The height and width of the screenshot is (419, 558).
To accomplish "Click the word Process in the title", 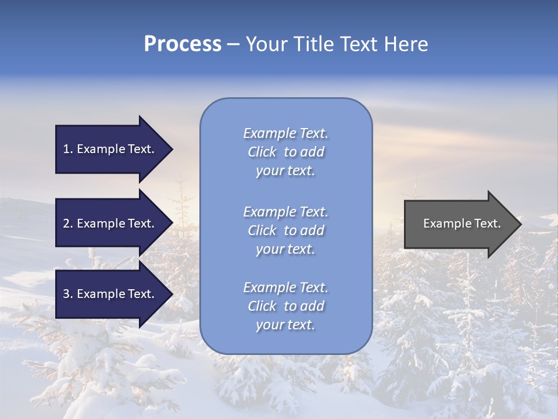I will point(183,44).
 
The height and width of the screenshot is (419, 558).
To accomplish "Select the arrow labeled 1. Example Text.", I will point(110,149).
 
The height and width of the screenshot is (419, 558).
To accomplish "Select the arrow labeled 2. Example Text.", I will point(110,223).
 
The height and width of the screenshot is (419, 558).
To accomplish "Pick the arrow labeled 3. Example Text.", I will point(110,294).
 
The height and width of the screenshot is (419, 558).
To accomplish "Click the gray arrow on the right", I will point(459,223).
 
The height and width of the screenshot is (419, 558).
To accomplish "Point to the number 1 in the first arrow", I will point(66,149).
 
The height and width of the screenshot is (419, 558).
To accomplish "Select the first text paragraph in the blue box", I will point(285,152).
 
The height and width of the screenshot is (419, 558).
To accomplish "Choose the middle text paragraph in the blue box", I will point(285,230).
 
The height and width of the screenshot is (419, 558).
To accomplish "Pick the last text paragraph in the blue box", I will point(285,306).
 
